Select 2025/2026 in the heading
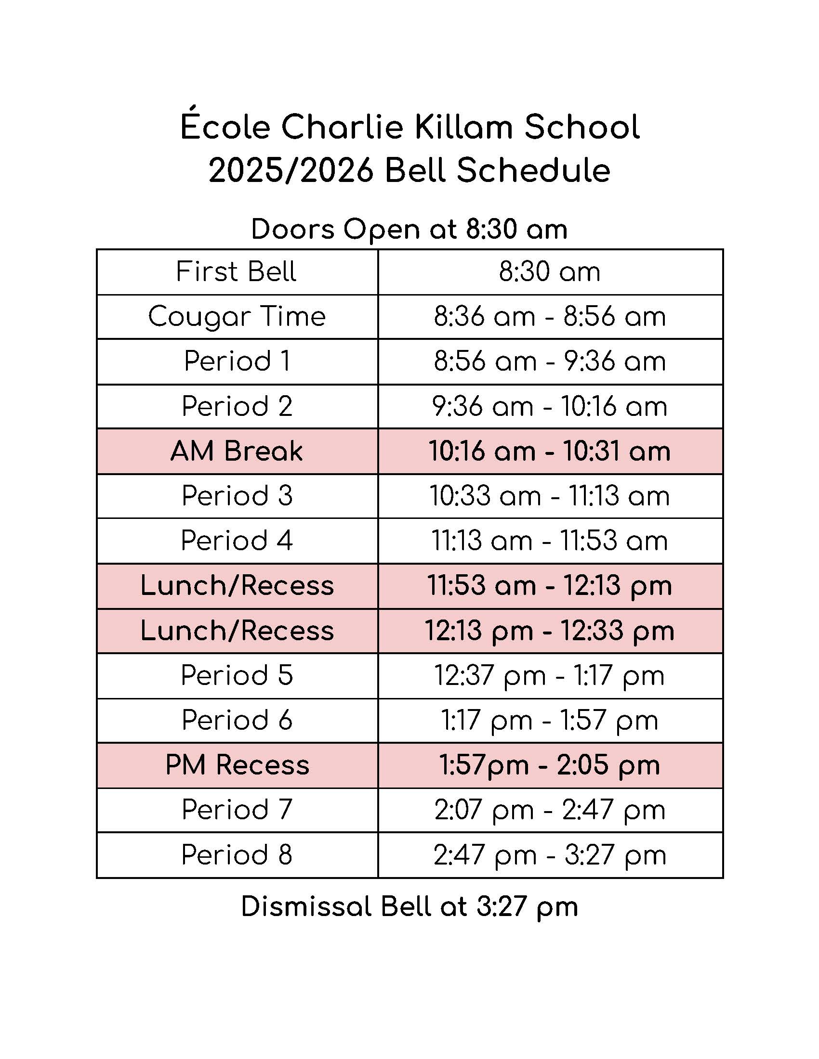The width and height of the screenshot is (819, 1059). tap(291, 171)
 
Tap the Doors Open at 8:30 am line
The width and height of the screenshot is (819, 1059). tap(409, 229)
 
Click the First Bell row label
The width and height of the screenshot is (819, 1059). tap(236, 271)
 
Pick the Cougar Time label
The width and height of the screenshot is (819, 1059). tap(237, 317)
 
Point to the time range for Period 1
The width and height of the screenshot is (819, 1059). tap(550, 362)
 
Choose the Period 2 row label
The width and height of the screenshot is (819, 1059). tap(237, 406)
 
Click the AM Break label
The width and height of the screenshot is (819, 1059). tap(237, 451)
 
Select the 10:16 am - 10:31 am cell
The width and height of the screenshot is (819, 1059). tap(550, 451)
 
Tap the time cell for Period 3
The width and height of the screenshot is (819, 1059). tap(550, 496)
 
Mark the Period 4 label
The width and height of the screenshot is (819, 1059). tap(237, 541)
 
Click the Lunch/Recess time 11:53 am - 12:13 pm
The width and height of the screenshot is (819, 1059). tap(550, 586)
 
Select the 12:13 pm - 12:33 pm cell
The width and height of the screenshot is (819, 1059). tap(550, 631)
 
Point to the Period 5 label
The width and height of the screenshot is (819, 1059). tap(237, 675)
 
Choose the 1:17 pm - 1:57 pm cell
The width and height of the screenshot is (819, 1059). tap(550, 721)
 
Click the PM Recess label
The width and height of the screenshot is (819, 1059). tap(237, 765)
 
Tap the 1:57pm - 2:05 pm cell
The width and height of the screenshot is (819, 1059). tap(550, 765)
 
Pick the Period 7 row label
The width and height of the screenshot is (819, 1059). tap(237, 810)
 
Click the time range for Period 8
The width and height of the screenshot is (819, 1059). tap(550, 855)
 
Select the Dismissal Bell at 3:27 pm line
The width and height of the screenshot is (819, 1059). tap(409, 907)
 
